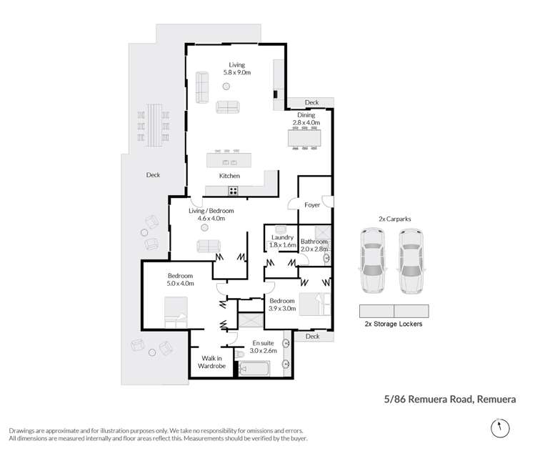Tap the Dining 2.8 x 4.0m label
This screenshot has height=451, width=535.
306,119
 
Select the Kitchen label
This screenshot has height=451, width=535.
229,176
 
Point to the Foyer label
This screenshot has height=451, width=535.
313,205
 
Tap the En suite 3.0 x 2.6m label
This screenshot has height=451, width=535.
263,346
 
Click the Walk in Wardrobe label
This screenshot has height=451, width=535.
213,362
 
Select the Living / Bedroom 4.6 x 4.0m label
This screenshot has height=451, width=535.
211,214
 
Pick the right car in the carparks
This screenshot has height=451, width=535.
412,261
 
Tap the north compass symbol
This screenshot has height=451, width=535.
499,428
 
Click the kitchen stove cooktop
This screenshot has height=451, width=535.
234,190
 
